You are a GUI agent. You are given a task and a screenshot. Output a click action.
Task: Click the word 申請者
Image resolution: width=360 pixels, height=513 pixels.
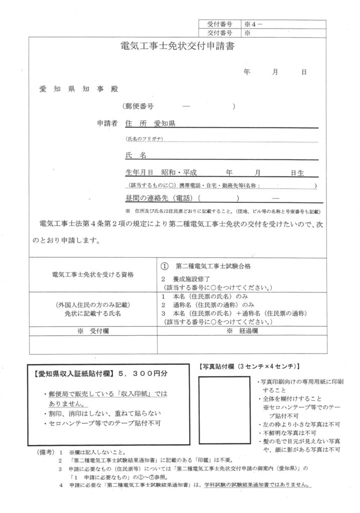point(107,123)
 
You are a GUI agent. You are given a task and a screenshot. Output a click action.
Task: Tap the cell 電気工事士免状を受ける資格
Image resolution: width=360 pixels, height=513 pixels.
point(93,275)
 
